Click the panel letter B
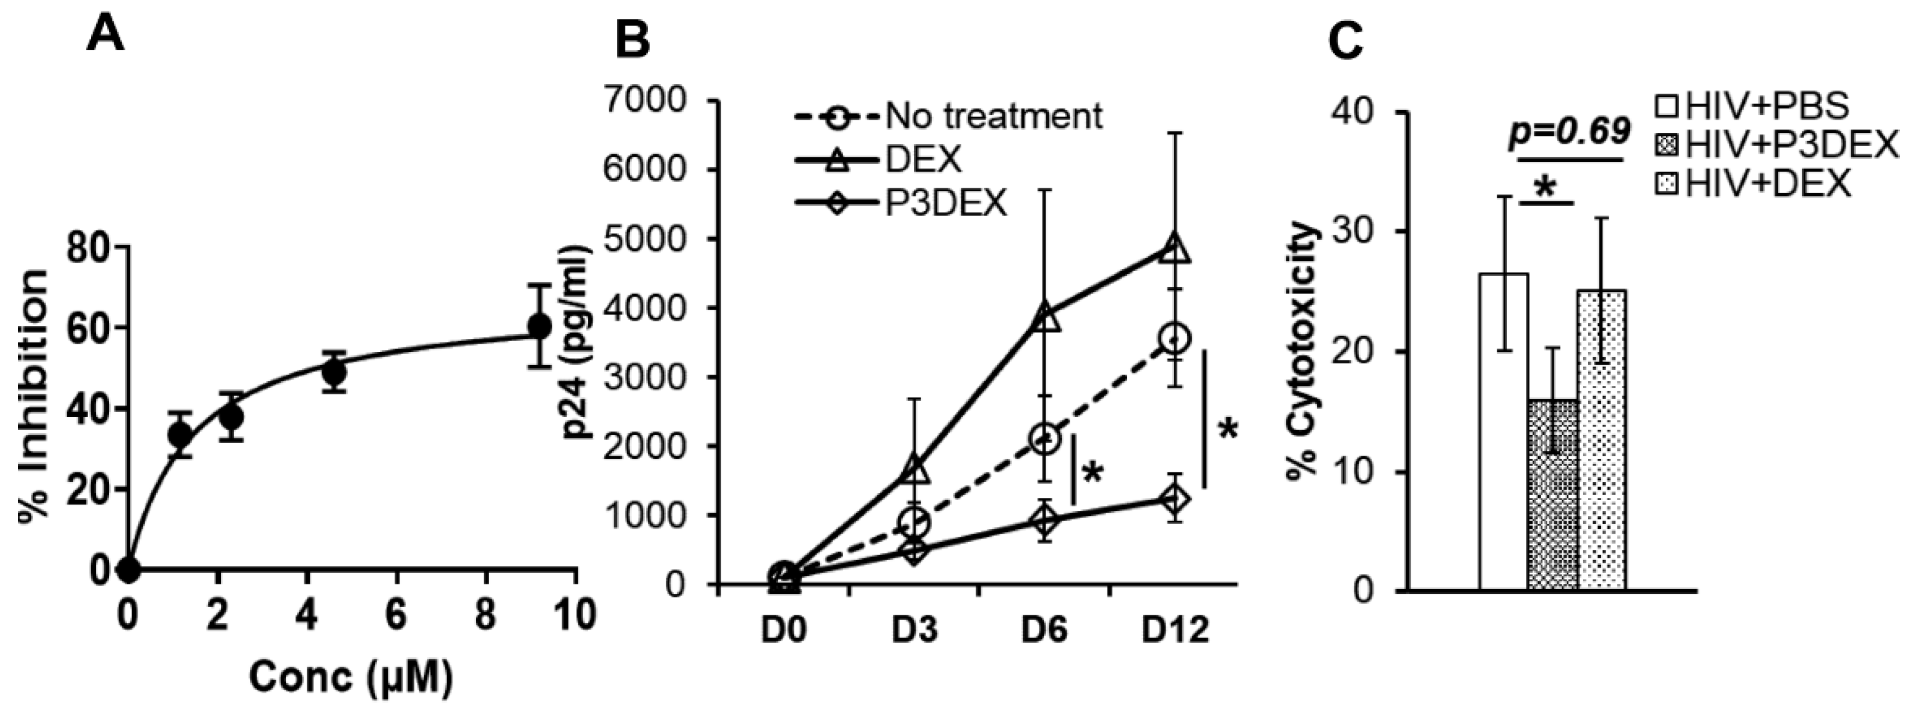pyautogui.click(x=633, y=39)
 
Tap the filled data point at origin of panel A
pyautogui.click(x=129, y=569)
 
